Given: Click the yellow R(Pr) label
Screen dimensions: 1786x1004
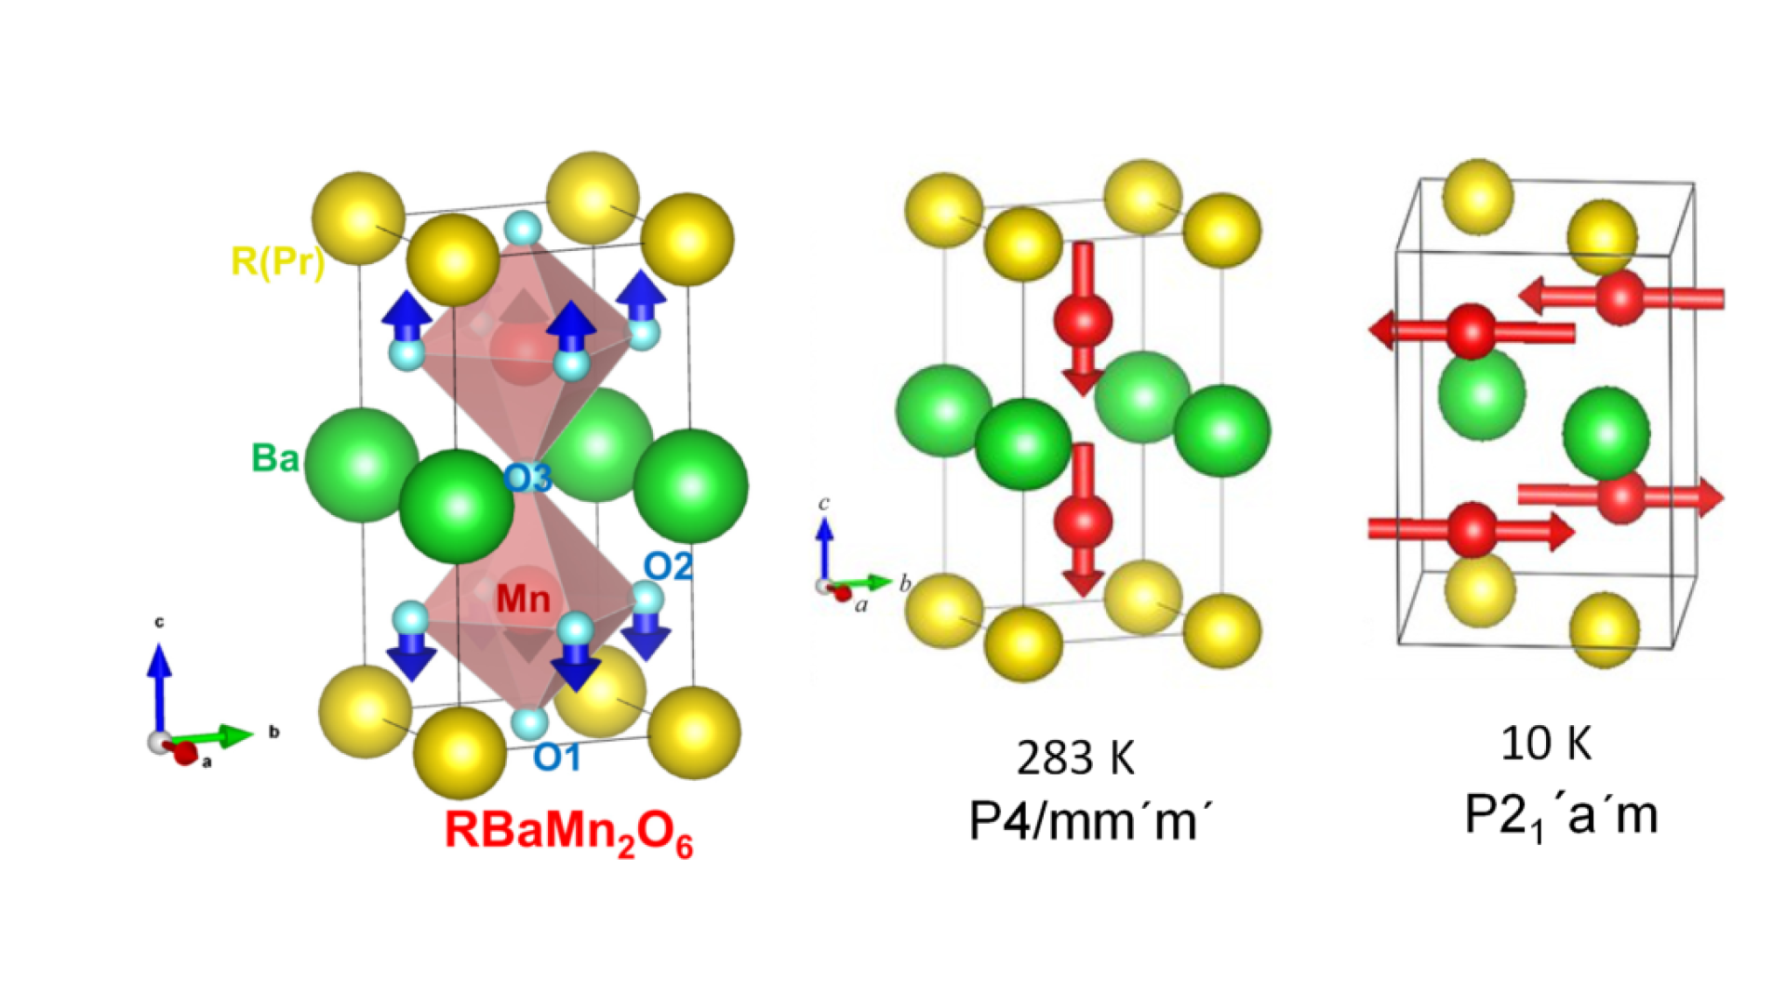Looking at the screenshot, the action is pyautogui.click(x=277, y=261).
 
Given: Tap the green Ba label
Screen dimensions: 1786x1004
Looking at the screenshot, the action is pyautogui.click(x=275, y=458).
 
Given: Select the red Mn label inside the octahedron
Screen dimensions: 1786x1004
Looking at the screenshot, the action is pyautogui.click(x=523, y=599).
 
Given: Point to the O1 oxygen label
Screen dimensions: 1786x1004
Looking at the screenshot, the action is pyautogui.click(x=556, y=758).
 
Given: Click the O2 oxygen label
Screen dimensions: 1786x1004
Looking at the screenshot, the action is pyautogui.click(x=668, y=566).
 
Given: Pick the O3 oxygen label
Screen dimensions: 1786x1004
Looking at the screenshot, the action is pyautogui.click(x=527, y=479).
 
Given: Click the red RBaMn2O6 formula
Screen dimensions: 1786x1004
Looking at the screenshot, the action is pyautogui.click(x=569, y=832).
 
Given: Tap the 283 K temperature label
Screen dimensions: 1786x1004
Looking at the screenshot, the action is pyautogui.click(x=1076, y=758).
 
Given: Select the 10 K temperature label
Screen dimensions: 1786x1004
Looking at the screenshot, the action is pyautogui.click(x=1546, y=744).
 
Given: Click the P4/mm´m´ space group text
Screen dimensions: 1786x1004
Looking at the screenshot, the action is pyautogui.click(x=1090, y=820).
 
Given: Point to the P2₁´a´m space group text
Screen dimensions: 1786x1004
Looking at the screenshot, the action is pyautogui.click(x=1561, y=816).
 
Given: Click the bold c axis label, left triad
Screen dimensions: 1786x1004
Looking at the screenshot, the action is pyautogui.click(x=159, y=622).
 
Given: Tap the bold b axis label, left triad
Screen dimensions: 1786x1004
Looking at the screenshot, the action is pyautogui.click(x=273, y=732).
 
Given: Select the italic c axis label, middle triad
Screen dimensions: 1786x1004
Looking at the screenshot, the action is pyautogui.click(x=823, y=503).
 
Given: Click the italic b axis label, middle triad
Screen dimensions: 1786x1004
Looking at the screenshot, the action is pyautogui.click(x=904, y=584).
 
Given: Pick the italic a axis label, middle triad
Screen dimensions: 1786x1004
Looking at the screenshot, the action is pyautogui.click(x=861, y=605).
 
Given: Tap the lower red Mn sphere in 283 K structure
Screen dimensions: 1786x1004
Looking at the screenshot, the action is pyautogui.click(x=1083, y=521).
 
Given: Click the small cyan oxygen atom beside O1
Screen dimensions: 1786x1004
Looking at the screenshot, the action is pyautogui.click(x=530, y=722).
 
